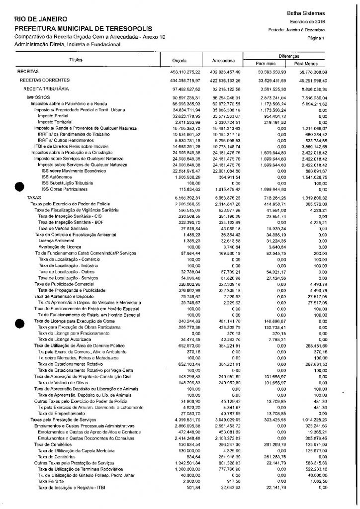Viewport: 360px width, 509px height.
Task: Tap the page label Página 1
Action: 316,38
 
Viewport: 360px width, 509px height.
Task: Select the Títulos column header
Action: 76,60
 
